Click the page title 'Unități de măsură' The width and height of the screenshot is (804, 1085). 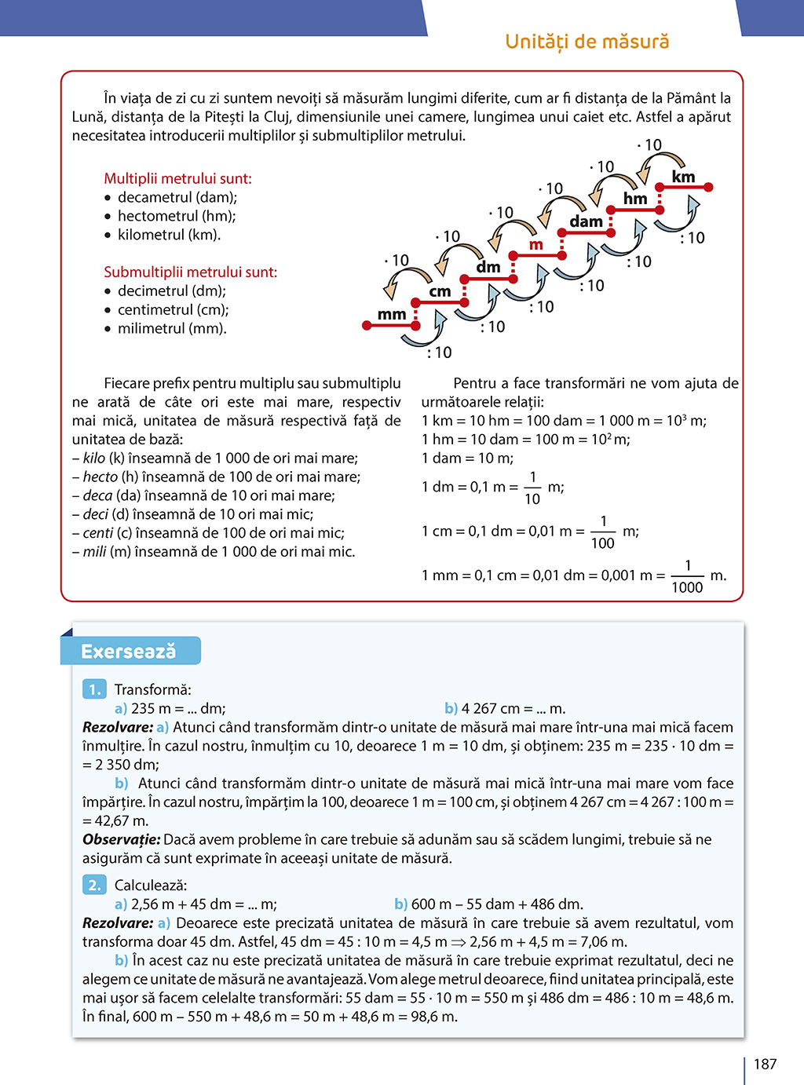pyautogui.click(x=587, y=42)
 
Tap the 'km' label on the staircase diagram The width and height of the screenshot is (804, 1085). pyautogui.click(x=683, y=177)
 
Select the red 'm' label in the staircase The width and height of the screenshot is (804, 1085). pyautogui.click(x=535, y=245)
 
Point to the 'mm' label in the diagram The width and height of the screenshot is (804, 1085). pyautogui.click(x=392, y=315)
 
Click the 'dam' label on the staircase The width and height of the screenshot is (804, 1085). pyautogui.click(x=586, y=221)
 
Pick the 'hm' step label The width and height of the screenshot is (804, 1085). pyautogui.click(x=635, y=199)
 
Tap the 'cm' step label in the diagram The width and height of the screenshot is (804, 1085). pyautogui.click(x=440, y=291)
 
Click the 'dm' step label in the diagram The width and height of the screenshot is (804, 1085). pyautogui.click(x=488, y=267)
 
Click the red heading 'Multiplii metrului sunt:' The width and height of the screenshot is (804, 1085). pyautogui.click(x=177, y=178)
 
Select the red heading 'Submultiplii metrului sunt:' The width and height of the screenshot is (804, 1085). pyautogui.click(x=190, y=272)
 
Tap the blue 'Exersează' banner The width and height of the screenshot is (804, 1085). pyautogui.click(x=130, y=652)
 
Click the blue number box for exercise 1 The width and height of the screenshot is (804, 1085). pyautogui.click(x=94, y=689)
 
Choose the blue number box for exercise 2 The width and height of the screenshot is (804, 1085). pyautogui.click(x=94, y=885)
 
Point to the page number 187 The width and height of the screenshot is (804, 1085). pyautogui.click(x=765, y=1064)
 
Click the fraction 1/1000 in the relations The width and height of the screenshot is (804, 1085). pyautogui.click(x=687, y=576)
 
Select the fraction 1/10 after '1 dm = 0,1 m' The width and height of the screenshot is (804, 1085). pyautogui.click(x=532, y=488)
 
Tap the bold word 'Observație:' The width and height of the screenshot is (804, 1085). pyautogui.click(x=121, y=839)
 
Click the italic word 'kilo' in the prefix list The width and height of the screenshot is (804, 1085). pyautogui.click(x=94, y=458)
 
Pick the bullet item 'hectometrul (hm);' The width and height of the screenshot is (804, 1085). pyautogui.click(x=176, y=216)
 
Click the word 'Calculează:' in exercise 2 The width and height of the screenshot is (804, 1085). pyautogui.click(x=151, y=886)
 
